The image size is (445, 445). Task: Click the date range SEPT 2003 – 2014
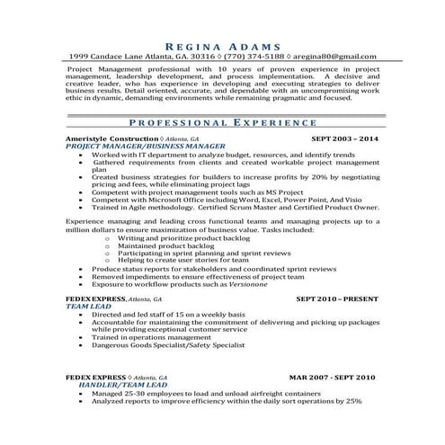pos(344,140)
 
